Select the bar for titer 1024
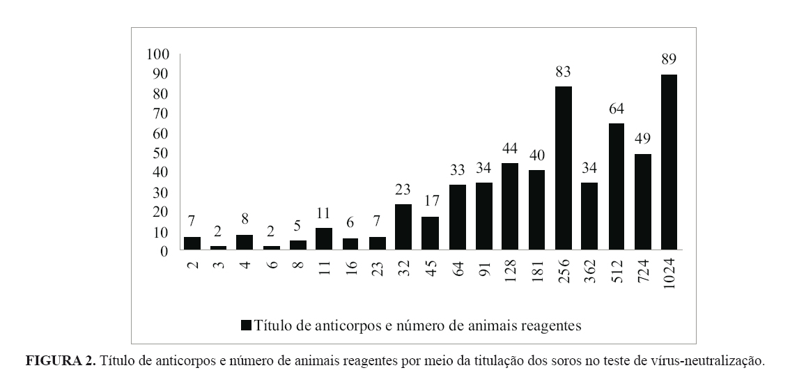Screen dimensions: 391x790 669,162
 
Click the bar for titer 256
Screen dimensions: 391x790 563,168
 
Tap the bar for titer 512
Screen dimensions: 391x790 616,186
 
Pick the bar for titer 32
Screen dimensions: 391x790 403,227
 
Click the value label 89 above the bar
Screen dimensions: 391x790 669,59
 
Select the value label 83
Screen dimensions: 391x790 563,71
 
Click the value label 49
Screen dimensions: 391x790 642,138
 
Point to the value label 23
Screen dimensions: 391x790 403,189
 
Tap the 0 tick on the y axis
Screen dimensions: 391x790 165,251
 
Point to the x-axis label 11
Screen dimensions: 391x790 324,269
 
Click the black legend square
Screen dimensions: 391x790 246,325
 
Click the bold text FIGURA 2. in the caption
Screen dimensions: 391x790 60,361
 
